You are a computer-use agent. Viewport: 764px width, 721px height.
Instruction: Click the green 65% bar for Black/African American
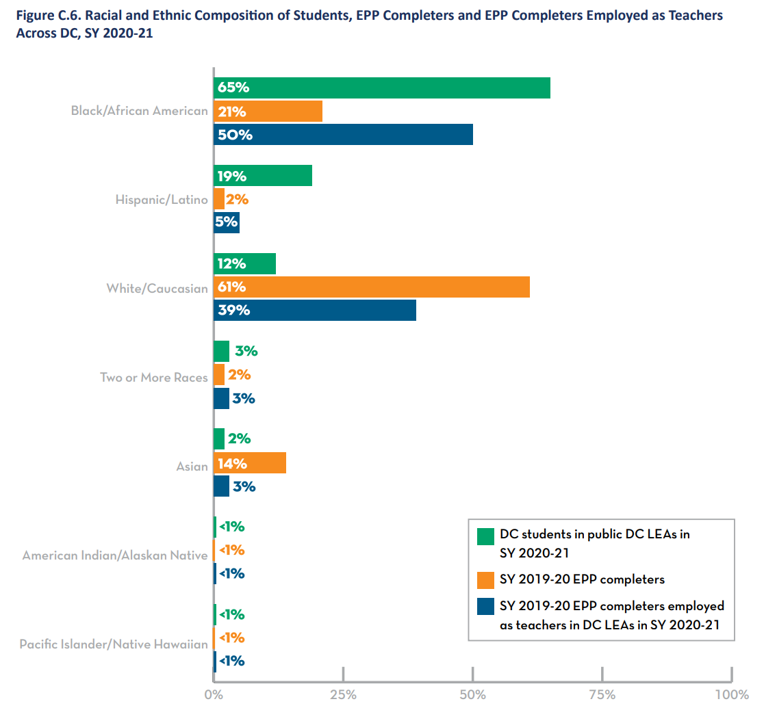click(382, 88)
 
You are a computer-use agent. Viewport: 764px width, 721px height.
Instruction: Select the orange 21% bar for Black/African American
click(268, 112)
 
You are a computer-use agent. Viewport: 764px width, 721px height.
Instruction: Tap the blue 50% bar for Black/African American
click(343, 135)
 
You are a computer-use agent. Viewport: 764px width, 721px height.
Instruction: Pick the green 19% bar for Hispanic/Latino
click(263, 176)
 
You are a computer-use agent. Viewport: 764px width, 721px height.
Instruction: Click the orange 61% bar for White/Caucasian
click(372, 287)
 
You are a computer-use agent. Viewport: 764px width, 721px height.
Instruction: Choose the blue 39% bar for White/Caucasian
click(315, 310)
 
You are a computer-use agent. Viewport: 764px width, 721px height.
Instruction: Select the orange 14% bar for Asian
click(250, 463)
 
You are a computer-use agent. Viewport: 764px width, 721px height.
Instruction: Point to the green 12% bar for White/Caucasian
click(244, 263)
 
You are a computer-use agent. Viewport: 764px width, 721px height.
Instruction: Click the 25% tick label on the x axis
click(343, 695)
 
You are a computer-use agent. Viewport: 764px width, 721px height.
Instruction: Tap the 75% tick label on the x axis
click(602, 695)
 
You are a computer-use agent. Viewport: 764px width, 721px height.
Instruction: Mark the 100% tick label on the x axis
click(731, 695)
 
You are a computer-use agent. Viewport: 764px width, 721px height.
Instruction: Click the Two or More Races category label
click(153, 378)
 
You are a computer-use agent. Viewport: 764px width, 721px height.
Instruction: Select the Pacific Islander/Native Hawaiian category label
click(114, 644)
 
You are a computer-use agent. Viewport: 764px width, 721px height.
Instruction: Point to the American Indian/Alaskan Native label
click(115, 555)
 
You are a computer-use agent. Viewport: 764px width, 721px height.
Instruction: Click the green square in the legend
click(485, 536)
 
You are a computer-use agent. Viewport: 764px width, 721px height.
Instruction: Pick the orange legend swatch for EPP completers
click(485, 579)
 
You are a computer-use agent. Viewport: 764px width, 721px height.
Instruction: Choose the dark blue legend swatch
click(485, 606)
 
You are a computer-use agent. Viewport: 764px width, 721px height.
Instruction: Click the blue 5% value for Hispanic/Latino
click(227, 222)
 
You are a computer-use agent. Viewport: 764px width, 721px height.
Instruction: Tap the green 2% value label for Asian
click(240, 439)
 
